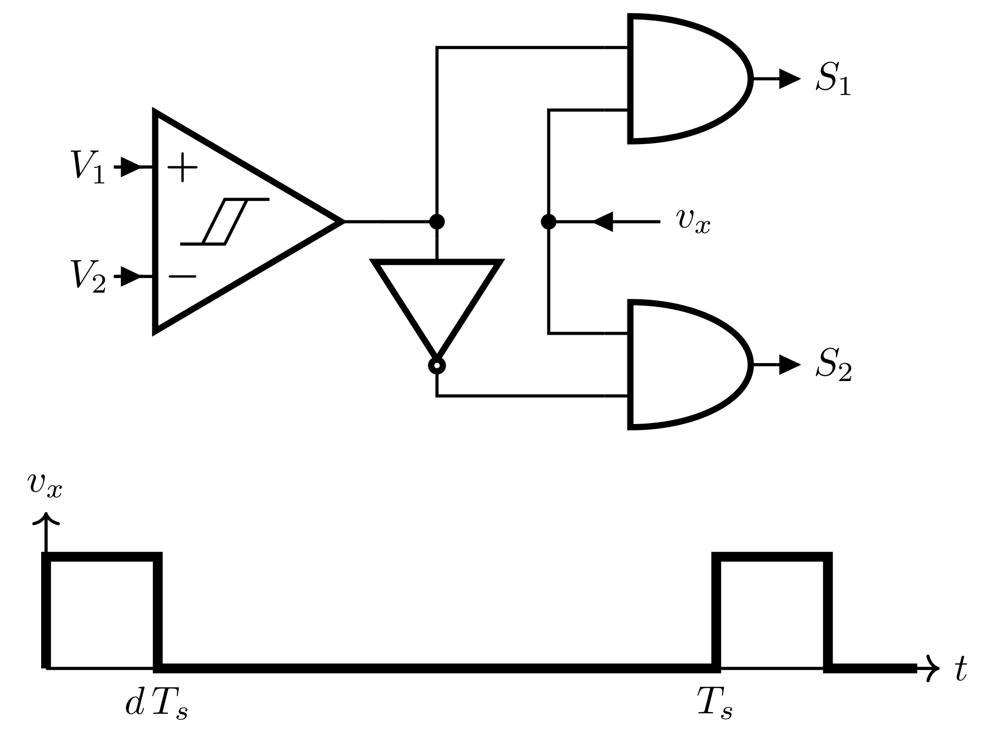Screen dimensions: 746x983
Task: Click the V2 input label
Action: (88, 277)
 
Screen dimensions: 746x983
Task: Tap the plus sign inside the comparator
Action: (183, 167)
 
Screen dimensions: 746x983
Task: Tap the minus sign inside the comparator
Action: (183, 277)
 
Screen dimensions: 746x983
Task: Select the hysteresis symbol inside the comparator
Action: (225, 222)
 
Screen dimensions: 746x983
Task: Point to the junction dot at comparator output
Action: (437, 221)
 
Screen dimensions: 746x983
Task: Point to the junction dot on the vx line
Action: (548, 221)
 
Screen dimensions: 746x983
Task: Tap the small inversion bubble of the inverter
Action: (437, 365)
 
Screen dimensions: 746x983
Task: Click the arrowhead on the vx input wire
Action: (603, 221)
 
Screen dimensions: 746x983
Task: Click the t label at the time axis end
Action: (960, 670)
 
